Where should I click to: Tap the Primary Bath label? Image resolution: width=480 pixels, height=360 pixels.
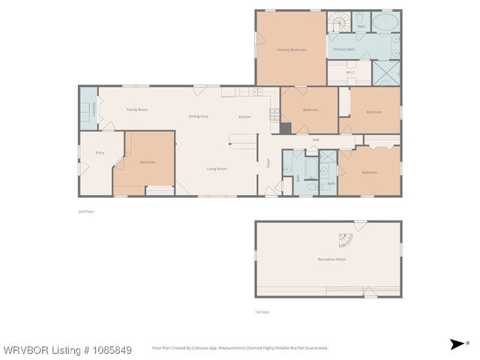tap(344, 49)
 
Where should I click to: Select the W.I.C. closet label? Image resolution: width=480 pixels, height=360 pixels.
tap(351, 72)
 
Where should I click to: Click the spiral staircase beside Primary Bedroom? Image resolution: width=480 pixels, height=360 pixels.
tap(339, 22)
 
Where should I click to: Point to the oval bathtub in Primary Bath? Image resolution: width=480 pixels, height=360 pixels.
tap(386, 22)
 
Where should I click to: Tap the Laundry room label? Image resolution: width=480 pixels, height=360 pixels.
tap(85, 109)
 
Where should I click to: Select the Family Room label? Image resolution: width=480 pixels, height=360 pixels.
tap(136, 109)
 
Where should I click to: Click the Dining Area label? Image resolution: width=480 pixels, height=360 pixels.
tap(198, 116)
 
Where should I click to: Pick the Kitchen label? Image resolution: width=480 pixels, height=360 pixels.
tap(244, 117)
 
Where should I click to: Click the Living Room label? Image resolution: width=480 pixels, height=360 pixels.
tap(217, 169)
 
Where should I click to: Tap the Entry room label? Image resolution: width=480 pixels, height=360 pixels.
tap(100, 152)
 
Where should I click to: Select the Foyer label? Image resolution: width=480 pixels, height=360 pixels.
tap(268, 162)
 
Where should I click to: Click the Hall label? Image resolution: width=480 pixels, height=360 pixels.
tap(316, 139)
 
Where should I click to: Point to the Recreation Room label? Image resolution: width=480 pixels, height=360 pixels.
tap(331, 259)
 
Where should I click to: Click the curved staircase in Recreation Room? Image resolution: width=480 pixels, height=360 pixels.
tap(345, 242)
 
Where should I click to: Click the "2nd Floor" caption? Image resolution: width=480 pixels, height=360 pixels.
tap(85, 211)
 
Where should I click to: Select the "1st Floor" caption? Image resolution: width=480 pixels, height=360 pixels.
tap(262, 311)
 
